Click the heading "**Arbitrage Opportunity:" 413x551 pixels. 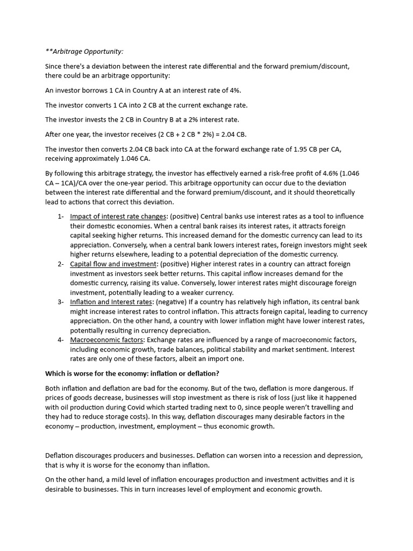pyautogui.click(x=84, y=52)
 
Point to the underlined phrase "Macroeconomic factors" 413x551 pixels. pyautogui.click(x=106, y=340)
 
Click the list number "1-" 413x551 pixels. pyautogui.click(x=60, y=216)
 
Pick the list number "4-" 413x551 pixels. pyautogui.click(x=60, y=340)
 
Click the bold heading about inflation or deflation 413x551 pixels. pyautogui.click(x=132, y=373)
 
